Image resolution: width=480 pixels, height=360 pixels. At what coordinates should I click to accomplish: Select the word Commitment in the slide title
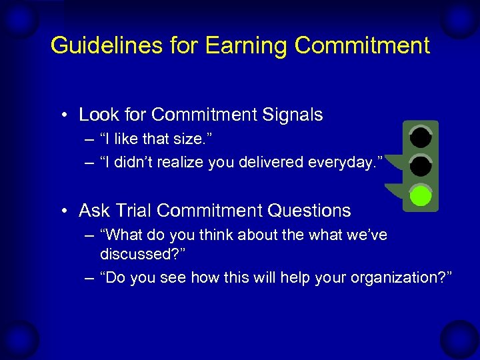(x=362, y=45)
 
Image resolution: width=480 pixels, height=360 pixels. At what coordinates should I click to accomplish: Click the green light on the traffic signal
(x=420, y=196)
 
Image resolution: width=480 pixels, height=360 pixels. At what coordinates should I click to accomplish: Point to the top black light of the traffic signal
(x=420, y=137)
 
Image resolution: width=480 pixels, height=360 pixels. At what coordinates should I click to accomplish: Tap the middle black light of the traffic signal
(x=420, y=166)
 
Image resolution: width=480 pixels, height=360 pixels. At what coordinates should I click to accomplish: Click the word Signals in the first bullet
(x=291, y=115)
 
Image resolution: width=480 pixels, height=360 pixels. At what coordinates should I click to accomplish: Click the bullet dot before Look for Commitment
(x=65, y=115)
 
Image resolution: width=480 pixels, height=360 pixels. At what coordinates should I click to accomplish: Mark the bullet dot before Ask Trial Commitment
(x=65, y=211)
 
